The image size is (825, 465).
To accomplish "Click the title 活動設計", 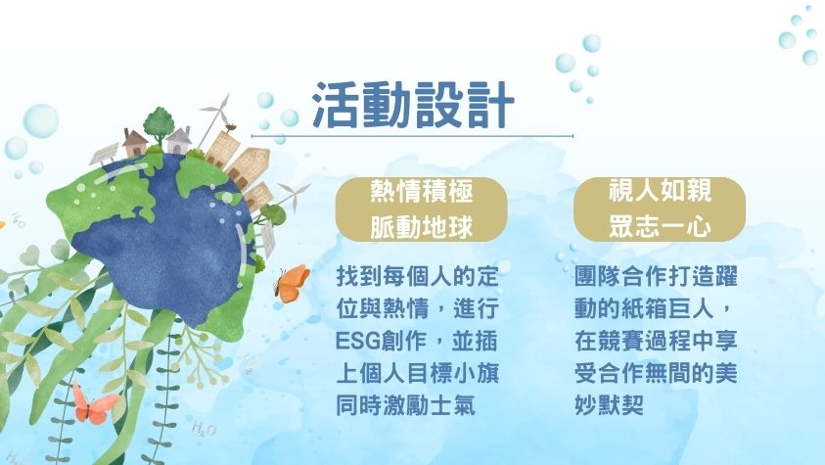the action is click(413, 105).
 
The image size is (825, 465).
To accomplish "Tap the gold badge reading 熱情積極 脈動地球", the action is click(422, 209).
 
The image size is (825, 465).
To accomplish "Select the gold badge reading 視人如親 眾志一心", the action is click(660, 209).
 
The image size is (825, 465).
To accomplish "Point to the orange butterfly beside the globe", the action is click(292, 284).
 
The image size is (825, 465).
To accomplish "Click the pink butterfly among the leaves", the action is click(94, 404).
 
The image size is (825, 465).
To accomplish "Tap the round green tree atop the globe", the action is click(159, 123).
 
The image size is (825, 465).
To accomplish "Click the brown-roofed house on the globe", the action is click(135, 142).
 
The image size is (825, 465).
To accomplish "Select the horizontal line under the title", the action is click(413, 136).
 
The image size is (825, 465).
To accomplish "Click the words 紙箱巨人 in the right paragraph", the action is click(660, 309).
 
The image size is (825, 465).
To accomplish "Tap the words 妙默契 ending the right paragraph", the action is click(610, 405).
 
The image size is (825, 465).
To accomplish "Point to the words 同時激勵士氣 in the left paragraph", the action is click(406, 405).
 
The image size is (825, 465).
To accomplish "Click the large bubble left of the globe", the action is click(40, 121).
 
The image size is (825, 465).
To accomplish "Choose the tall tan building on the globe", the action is click(248, 165).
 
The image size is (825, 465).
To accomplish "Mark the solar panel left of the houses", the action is click(104, 153).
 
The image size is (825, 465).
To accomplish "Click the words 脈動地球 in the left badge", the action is click(422, 227).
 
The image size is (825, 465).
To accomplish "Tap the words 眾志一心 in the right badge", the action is click(660, 227).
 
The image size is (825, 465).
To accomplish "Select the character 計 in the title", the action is click(490, 105).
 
